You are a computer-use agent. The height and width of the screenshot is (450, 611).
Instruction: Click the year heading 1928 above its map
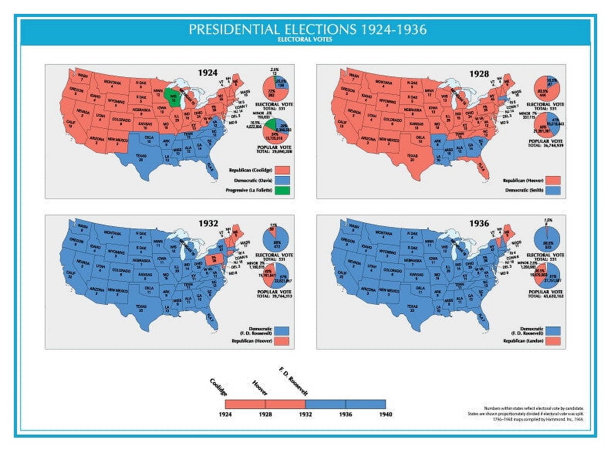pyautogui.click(x=479, y=74)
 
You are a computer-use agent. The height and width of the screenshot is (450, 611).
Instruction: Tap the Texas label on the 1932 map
pyautogui.click(x=141, y=308)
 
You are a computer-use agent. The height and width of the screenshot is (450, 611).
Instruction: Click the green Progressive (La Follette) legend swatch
pyautogui.click(x=282, y=190)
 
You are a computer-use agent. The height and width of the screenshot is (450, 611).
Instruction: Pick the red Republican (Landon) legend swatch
pyautogui.click(x=554, y=341)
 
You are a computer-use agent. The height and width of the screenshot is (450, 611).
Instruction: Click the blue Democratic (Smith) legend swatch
pyautogui.click(x=554, y=190)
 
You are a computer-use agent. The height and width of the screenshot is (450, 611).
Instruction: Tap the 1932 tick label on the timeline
pyautogui.click(x=305, y=414)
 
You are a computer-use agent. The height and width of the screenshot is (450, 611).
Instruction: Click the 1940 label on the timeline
pyautogui.click(x=385, y=414)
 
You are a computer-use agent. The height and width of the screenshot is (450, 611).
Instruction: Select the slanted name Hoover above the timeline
pyautogui.click(x=260, y=387)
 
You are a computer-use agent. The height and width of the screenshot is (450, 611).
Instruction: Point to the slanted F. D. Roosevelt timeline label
pyautogui.click(x=293, y=382)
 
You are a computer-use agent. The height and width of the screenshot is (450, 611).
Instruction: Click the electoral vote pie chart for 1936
pyautogui.click(x=547, y=238)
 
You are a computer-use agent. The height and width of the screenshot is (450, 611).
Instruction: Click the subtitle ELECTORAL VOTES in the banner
pyautogui.click(x=305, y=39)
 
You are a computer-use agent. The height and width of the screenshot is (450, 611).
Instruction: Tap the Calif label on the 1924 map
pyautogui.click(x=71, y=123)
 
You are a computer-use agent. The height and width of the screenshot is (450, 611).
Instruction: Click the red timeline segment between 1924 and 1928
pyautogui.click(x=245, y=404)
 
